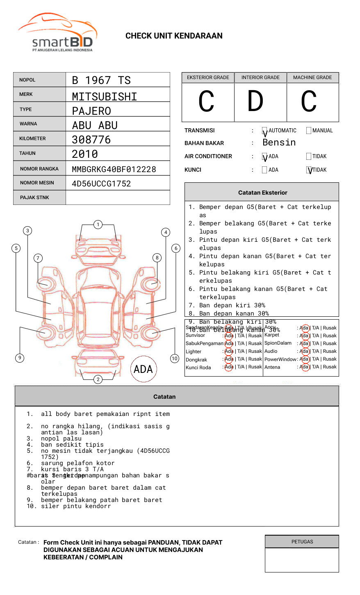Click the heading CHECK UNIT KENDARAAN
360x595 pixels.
pos(174,36)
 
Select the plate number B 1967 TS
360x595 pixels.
pos(101,80)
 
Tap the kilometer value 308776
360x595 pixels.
pos(91,140)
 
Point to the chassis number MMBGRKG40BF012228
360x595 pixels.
pos(114,169)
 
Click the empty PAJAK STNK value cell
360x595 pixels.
pos(118,198)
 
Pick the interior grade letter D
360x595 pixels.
pos(255,102)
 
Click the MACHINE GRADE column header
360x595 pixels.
pos(312,77)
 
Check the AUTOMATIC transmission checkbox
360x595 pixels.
pos(265,131)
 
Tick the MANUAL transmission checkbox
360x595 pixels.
pos(309,131)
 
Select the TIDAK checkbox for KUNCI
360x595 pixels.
pos(309,170)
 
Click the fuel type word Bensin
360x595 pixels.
pos(279,143)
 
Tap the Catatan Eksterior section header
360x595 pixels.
pos(262,193)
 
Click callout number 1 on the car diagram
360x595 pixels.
pos(98,225)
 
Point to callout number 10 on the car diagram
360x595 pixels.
pos(175,359)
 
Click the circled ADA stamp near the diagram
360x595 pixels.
pos(143,369)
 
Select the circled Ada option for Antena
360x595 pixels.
pos(304,367)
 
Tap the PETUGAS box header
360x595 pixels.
pos(302,542)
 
